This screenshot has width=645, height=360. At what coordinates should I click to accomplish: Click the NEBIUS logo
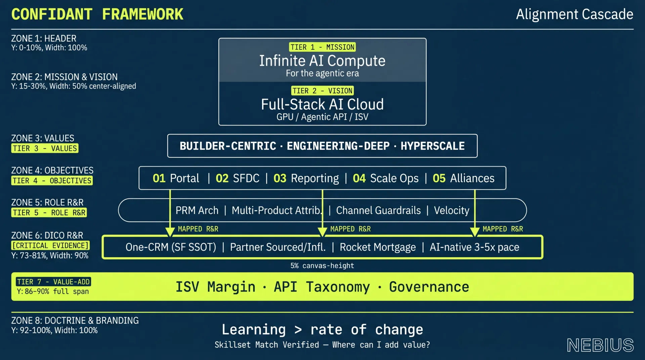point(600,345)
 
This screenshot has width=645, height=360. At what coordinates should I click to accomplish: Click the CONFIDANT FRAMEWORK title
point(97,14)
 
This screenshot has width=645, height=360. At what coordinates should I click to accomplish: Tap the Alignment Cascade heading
point(574,14)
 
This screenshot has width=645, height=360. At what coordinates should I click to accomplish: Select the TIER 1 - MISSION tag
point(322,47)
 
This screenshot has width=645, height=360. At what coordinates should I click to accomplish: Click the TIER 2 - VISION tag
point(322,91)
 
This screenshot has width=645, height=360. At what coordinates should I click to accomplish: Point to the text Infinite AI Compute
point(322,61)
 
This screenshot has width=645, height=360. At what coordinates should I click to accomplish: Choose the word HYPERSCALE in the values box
point(433,146)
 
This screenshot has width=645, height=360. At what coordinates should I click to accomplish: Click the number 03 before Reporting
point(280,178)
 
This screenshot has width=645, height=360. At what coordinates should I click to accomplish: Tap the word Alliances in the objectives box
point(472,178)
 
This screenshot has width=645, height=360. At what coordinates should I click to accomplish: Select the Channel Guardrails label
point(379,211)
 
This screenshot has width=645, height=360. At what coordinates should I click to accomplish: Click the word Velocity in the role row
point(451,211)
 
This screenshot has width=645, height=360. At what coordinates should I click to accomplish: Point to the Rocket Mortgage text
point(378,248)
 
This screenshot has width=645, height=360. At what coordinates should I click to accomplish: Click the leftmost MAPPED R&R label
point(198,229)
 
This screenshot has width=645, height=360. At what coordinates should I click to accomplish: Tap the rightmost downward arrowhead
point(475,232)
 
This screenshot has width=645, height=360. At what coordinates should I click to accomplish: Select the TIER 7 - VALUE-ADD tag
point(53,282)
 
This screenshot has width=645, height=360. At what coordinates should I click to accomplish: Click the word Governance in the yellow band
point(429,287)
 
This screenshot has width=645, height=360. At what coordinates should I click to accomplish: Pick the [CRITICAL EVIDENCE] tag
point(50,245)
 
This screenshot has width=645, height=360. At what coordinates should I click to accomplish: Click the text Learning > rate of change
point(322,330)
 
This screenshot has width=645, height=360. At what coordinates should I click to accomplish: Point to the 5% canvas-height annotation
point(322,266)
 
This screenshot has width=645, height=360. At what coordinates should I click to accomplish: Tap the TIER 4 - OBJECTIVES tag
point(52,181)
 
